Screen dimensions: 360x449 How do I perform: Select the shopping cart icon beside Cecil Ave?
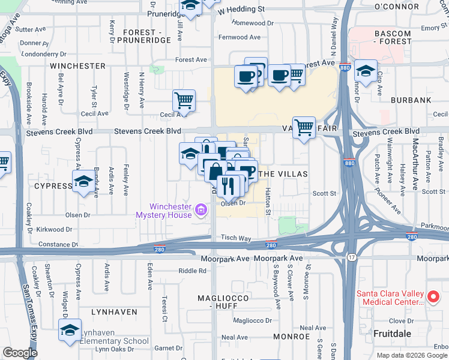(184, 100)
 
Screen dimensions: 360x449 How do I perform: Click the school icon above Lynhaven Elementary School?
(70, 330)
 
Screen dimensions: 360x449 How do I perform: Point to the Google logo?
(20, 353)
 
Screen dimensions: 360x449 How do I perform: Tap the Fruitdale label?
(392, 332)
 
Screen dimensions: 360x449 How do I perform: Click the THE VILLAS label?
(285, 174)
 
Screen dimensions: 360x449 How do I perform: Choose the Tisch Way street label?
(235, 238)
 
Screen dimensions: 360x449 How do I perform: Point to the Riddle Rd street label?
(192, 271)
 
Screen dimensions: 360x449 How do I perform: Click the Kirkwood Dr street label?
(55, 229)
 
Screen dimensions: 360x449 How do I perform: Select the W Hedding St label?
(241, 10)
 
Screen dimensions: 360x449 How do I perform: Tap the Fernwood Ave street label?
(240, 37)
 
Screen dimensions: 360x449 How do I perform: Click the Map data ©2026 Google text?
(412, 355)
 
